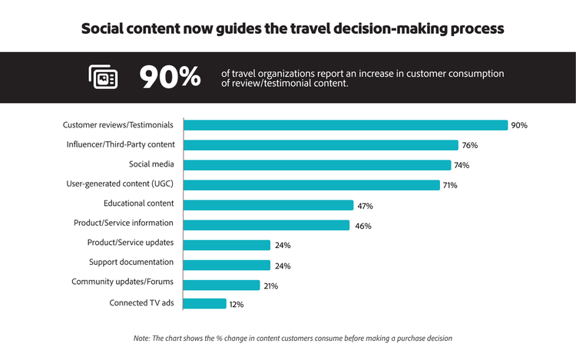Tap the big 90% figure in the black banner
170,77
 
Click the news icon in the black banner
103,77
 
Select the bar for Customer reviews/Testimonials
346,125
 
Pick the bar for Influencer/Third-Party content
320,145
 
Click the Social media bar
317,165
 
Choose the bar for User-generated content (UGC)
312,185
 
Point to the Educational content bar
269,205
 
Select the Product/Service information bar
266,225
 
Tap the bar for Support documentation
227,265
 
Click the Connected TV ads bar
205,304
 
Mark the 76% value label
470,145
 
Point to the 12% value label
237,305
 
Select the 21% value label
270,286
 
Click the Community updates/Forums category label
122,282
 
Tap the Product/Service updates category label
130,243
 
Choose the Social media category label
151,163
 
